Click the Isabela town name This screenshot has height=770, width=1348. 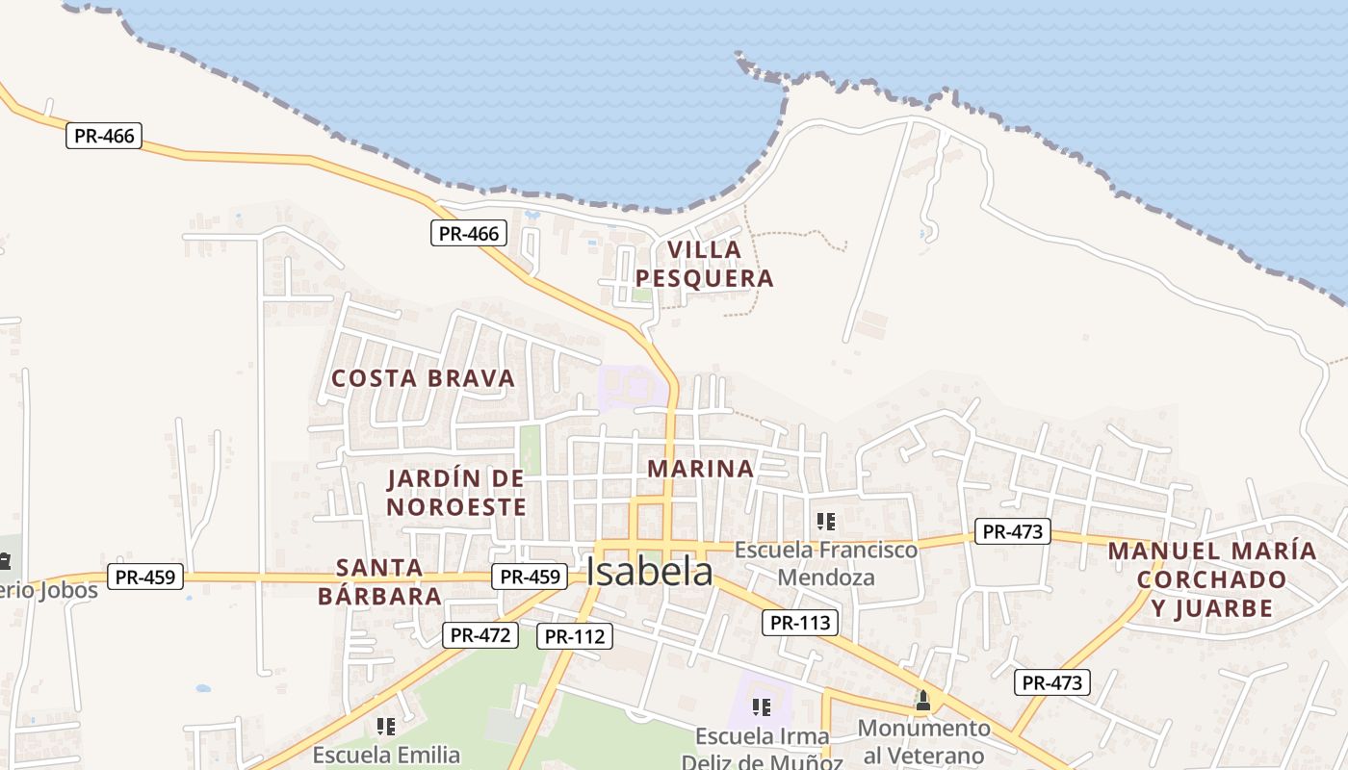click(650, 573)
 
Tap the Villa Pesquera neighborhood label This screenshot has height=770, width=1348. click(705, 265)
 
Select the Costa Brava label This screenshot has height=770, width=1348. click(424, 378)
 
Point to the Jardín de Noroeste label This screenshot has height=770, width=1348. click(457, 493)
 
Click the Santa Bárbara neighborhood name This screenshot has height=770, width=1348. click(380, 581)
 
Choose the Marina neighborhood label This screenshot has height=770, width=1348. click(700, 469)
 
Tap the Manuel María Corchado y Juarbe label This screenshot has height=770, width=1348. click(1211, 579)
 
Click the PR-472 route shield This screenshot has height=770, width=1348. click(480, 635)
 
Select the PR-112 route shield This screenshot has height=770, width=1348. click(574, 636)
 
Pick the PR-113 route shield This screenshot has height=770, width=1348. click(800, 623)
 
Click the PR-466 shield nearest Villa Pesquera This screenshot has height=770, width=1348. click(468, 233)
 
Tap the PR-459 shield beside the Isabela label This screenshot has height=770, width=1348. click(530, 577)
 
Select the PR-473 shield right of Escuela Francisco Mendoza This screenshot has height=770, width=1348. click(1012, 531)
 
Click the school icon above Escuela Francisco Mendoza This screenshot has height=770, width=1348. click(825, 522)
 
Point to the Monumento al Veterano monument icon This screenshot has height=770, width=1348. click(923, 701)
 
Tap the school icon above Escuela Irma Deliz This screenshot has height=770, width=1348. click(762, 707)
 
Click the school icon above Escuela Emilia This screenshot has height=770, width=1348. click(386, 727)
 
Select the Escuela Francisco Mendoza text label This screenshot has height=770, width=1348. click(826, 564)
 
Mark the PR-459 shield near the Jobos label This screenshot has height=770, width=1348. click(145, 577)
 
